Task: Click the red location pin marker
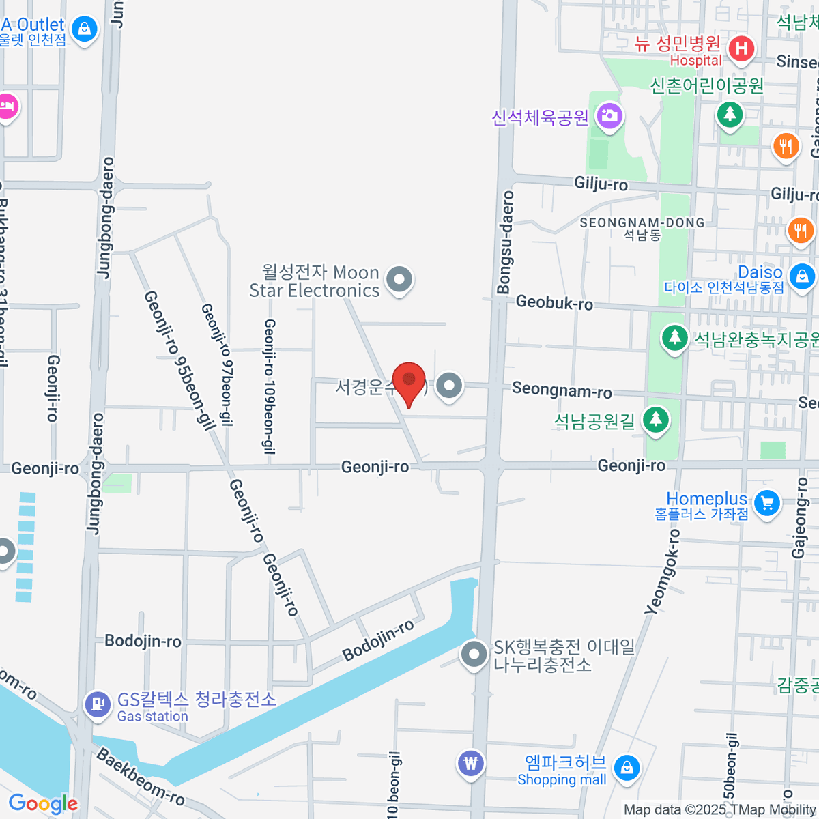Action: pyautogui.click(x=409, y=381)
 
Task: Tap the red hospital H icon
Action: pyautogui.click(x=741, y=48)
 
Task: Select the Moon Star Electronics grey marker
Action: pyautogui.click(x=399, y=279)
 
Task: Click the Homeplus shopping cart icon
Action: pyautogui.click(x=767, y=504)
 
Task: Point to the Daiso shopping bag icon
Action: pyautogui.click(x=801, y=276)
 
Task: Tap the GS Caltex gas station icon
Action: pyautogui.click(x=97, y=704)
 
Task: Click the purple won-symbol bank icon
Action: pyautogui.click(x=471, y=762)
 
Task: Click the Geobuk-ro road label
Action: pyautogui.click(x=554, y=302)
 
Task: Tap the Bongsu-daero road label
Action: pyautogui.click(x=505, y=242)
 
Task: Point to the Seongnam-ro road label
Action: pyautogui.click(x=562, y=390)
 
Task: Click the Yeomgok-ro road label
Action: pyautogui.click(x=663, y=572)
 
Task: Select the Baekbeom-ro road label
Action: pyautogui.click(x=141, y=777)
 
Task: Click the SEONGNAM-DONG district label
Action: pyautogui.click(x=642, y=223)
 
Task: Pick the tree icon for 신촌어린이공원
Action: pyautogui.click(x=730, y=113)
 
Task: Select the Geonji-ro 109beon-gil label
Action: pyautogui.click(x=270, y=386)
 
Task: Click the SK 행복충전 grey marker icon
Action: pyautogui.click(x=472, y=654)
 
